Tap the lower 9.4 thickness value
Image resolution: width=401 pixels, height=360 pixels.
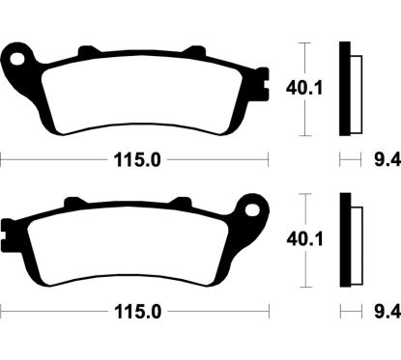point(384,311)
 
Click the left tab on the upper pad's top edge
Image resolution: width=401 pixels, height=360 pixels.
point(88,47)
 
